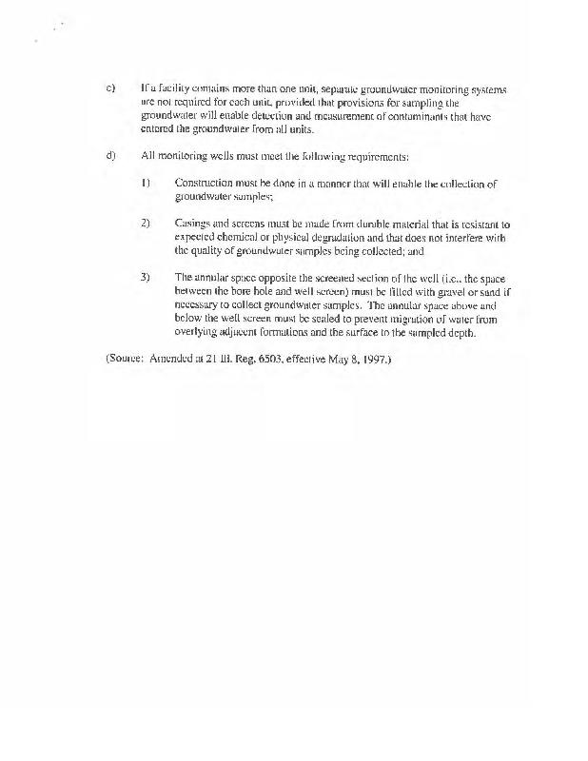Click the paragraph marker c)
click(109, 88)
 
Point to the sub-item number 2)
click(145, 224)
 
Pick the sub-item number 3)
click(145, 277)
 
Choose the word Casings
click(193, 224)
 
